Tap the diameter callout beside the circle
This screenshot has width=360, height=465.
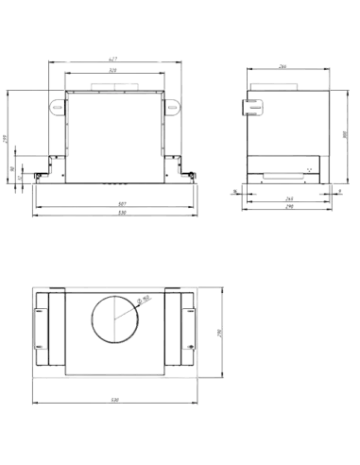(x=143, y=301)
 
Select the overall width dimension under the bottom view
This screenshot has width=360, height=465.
(x=113, y=397)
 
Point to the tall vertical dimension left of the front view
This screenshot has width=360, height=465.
(x=4, y=137)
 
